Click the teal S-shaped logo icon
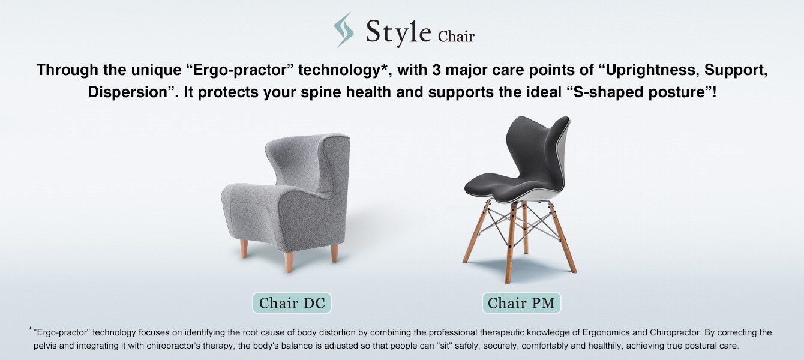(x=344, y=29)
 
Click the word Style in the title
(x=398, y=32)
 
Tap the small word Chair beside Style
(x=456, y=37)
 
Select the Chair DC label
(x=292, y=303)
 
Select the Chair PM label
(x=521, y=303)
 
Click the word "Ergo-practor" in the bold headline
(x=240, y=70)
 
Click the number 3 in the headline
(x=436, y=70)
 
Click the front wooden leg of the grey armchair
(x=289, y=262)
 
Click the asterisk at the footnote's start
(x=31, y=329)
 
